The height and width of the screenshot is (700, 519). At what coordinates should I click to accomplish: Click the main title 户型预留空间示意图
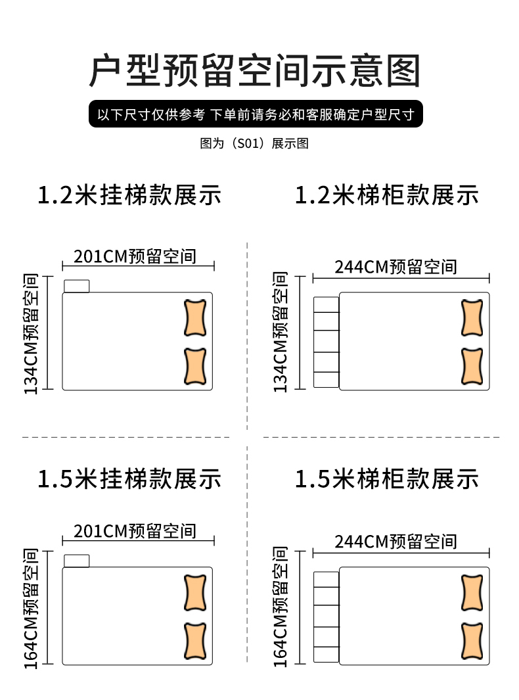point(254,71)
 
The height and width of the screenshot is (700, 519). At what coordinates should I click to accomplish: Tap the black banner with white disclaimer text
point(256,115)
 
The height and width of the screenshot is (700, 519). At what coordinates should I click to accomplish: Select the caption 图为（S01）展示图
point(254,143)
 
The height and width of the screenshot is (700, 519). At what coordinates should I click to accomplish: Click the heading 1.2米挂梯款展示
point(129,195)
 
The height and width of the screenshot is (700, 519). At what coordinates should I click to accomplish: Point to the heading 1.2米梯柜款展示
point(387,195)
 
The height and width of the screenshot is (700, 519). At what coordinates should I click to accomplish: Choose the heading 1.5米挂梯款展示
point(129,478)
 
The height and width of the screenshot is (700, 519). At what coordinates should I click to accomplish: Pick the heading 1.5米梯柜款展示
point(387,478)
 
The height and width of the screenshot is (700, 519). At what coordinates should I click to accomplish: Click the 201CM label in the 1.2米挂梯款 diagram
point(135,256)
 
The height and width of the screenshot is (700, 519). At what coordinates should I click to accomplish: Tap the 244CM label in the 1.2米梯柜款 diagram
point(395,266)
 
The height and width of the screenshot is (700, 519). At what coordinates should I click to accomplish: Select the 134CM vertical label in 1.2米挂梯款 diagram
point(31,334)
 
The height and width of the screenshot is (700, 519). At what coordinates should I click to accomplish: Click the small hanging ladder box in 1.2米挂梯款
point(77,286)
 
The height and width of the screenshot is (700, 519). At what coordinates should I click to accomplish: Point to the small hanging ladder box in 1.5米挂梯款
point(77,561)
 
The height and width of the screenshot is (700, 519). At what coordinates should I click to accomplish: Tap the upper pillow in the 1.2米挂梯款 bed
point(195,318)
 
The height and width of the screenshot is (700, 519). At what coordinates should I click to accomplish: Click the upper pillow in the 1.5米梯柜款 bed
point(472,594)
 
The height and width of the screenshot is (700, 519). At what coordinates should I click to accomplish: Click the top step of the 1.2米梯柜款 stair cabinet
point(326,305)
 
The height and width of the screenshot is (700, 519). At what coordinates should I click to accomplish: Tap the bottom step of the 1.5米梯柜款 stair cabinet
point(326,655)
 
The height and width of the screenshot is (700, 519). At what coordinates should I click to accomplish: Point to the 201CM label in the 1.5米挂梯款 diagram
point(135,530)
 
